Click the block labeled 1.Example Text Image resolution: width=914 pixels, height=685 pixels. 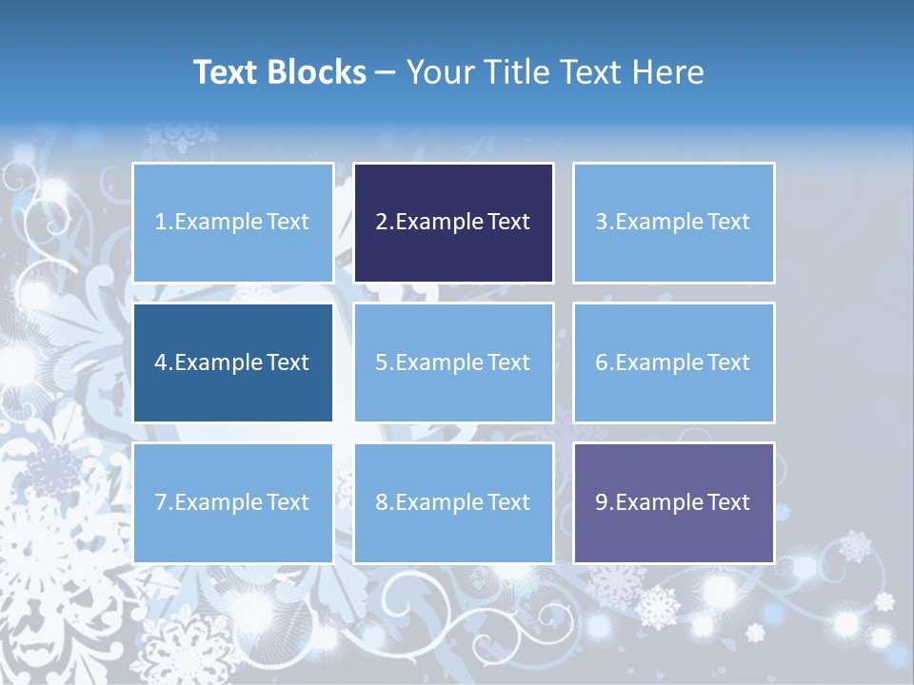click(232, 223)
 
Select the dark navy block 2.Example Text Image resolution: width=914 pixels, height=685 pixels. click(453, 223)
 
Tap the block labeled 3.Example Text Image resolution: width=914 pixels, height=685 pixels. click(673, 223)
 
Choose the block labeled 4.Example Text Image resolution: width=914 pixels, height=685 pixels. click(232, 362)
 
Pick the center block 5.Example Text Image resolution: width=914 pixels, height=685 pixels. click(453, 362)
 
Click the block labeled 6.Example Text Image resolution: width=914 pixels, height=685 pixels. click(673, 362)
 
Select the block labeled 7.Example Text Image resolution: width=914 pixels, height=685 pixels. click(232, 502)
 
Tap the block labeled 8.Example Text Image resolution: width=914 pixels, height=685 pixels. click(453, 502)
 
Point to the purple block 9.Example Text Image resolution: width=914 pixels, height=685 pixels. click(673, 502)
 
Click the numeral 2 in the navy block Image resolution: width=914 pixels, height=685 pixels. click(381, 223)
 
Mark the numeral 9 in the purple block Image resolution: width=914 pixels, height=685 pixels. click(602, 502)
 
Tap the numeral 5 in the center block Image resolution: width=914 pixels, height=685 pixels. click(381, 362)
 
